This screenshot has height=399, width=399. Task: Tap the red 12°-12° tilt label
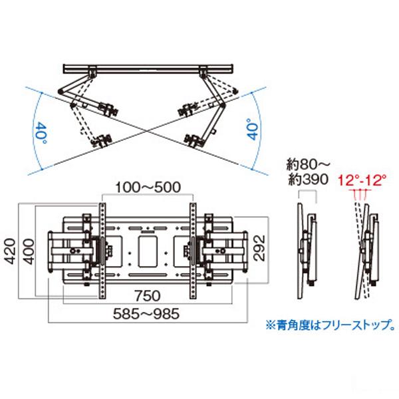tap(362, 180)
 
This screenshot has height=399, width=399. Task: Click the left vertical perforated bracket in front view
tap(102, 250)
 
